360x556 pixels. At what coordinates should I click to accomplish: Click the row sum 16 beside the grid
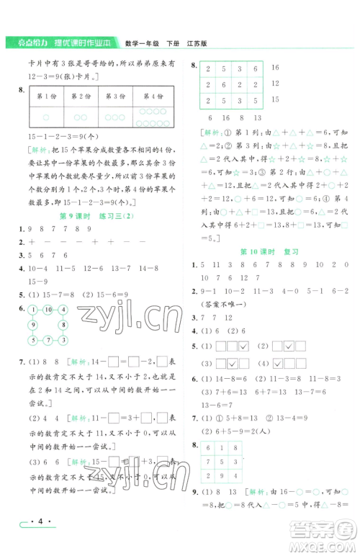[x=274, y=67]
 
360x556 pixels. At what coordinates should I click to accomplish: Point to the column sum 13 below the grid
[x=258, y=117]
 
